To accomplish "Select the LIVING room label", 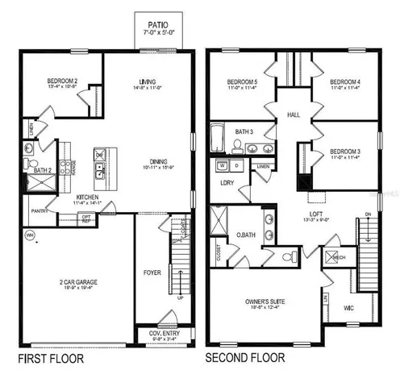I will (x=148, y=81).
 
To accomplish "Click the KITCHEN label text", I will (x=88, y=198).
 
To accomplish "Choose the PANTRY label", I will (x=40, y=212).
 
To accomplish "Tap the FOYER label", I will (x=152, y=273).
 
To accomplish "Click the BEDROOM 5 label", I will (x=242, y=82).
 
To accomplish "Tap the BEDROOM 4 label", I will (x=345, y=82).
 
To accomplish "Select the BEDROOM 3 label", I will (x=344, y=151).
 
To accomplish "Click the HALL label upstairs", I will (x=293, y=116).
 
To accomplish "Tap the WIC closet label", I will (x=348, y=308).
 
